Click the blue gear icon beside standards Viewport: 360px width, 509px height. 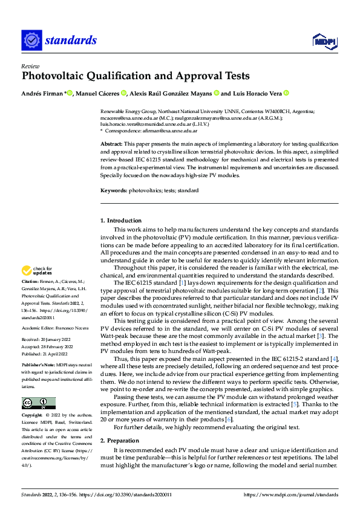[x=31, y=41]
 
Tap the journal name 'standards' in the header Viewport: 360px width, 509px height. [x=70, y=41]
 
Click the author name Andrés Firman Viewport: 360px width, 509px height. [x=42, y=93]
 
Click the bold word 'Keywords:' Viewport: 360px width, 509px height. [x=113, y=190]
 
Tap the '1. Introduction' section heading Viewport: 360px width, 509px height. [x=121, y=221]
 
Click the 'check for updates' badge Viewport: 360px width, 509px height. [x=38, y=270]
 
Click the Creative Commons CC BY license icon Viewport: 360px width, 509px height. [x=38, y=403]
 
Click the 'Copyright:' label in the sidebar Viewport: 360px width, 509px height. [x=33, y=416]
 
